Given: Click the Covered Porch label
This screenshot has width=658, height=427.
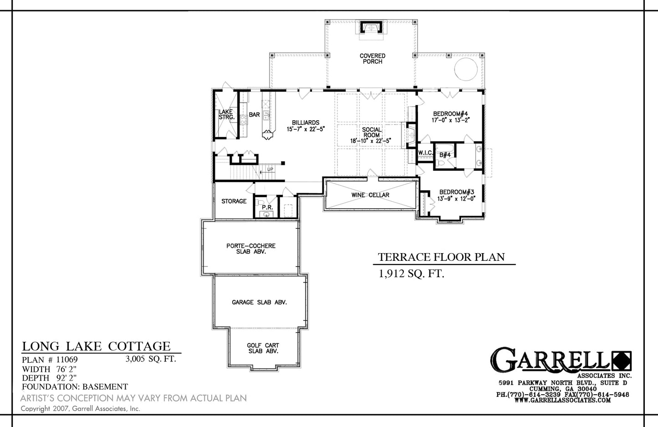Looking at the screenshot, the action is (x=372, y=59).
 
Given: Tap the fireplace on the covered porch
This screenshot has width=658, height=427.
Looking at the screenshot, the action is (x=372, y=28).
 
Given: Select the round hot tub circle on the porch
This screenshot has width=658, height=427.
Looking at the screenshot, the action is (x=466, y=69).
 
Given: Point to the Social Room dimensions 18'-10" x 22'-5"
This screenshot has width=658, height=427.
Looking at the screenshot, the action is (x=371, y=141).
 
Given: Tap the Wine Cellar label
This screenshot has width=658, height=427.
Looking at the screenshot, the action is (x=370, y=195).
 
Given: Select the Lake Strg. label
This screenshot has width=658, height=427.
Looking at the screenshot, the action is (x=226, y=114).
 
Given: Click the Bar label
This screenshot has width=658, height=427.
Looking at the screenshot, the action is (x=255, y=115).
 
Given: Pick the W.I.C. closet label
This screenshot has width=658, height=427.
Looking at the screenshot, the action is (x=425, y=152).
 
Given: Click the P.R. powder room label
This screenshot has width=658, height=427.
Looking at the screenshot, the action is (x=267, y=207).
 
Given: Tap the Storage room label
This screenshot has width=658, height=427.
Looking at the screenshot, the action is (x=234, y=201).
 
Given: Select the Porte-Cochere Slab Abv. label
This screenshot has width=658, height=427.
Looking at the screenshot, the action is (x=251, y=249).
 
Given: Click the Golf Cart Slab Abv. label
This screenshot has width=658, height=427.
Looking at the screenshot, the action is (x=263, y=348).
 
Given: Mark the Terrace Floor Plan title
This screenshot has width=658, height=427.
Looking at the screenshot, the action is (x=441, y=257).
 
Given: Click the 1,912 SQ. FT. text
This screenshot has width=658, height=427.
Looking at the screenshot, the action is (x=411, y=274).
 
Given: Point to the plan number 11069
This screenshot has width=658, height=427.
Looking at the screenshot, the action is (x=67, y=360).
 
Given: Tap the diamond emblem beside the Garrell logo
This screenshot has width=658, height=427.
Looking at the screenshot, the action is (x=622, y=361).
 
